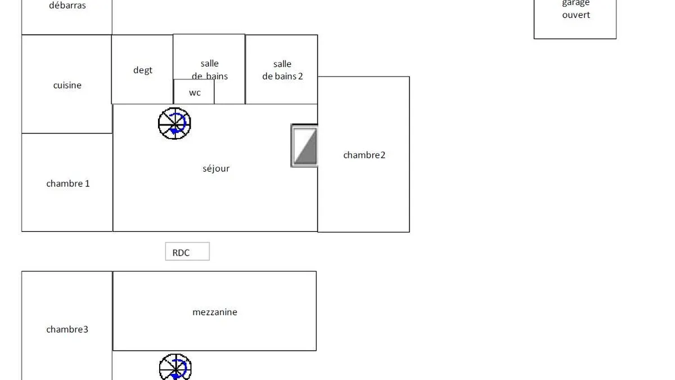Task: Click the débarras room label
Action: [x=67, y=5]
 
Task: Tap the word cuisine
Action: [x=67, y=85]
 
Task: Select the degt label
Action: [x=142, y=70]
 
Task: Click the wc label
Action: [x=195, y=92]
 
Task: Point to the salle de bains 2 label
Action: [x=282, y=70]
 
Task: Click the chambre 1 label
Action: [x=68, y=184]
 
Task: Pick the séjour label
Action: [x=216, y=168]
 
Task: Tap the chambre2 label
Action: [x=364, y=155]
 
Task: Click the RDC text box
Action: [x=187, y=251]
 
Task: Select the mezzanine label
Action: [x=215, y=312]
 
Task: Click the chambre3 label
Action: [x=67, y=329]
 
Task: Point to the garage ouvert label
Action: [x=576, y=9]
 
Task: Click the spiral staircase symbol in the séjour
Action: [x=174, y=123]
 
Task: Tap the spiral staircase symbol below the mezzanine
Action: [x=175, y=366]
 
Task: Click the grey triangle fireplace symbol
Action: [x=304, y=146]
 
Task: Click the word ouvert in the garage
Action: [x=576, y=15]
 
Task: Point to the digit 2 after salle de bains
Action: [x=300, y=76]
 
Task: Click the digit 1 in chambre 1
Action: [x=87, y=184]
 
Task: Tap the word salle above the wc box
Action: [x=210, y=63]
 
